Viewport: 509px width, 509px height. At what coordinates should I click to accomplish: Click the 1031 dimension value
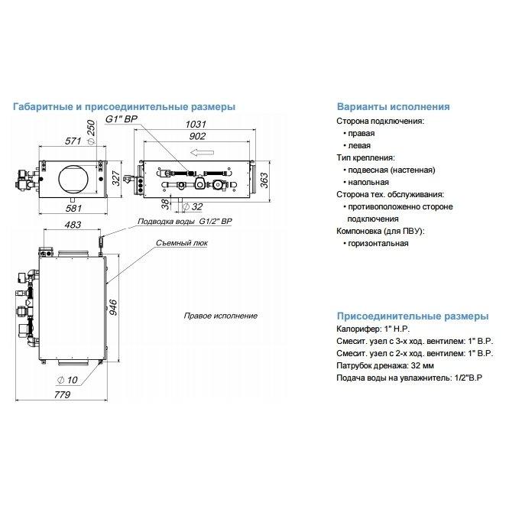point(196,124)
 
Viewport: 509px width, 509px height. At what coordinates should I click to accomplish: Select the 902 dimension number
point(197,136)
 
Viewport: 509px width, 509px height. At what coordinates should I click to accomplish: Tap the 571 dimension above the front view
point(73,141)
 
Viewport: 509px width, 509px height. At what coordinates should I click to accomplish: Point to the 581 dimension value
point(73,208)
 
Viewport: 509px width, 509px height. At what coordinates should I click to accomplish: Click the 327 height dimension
point(116,178)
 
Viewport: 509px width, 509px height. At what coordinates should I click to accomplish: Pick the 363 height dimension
point(264,180)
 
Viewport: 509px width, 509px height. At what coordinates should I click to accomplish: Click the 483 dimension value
point(73,225)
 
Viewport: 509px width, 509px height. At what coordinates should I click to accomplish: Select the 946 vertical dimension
point(112,307)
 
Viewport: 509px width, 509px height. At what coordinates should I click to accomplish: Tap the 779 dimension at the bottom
point(62,394)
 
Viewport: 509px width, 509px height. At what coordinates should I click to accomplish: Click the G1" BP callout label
point(122,119)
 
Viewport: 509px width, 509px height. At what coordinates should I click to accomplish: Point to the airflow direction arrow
point(202,152)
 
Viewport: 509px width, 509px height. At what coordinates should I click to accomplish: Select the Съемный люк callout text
point(182,243)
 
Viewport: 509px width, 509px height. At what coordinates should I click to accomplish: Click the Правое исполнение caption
point(220,316)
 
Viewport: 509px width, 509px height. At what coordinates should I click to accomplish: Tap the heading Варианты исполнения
point(393,106)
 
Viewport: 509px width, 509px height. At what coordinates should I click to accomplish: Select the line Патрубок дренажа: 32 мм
point(385,365)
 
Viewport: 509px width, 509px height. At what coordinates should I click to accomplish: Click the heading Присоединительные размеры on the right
point(413,316)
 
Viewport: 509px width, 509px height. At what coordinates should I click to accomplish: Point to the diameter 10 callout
point(67,380)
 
